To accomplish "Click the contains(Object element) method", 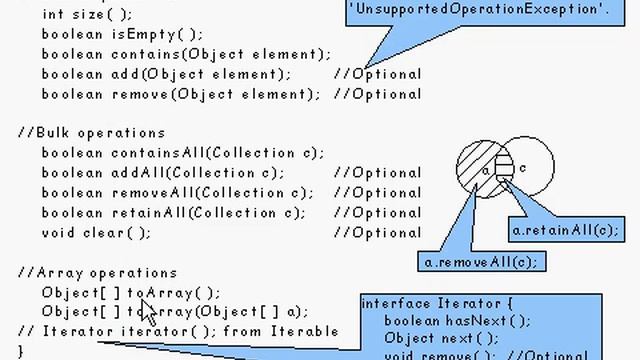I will (186, 53).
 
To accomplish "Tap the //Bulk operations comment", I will (91, 133).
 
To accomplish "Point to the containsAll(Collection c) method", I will (183, 153).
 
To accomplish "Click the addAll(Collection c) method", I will (163, 173).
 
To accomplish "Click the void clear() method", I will (96, 233).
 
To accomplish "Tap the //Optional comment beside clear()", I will (377, 233).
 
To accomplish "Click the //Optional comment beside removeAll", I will (377, 193).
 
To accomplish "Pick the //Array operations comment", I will (97, 273).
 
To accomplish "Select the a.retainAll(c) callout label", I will (565, 231).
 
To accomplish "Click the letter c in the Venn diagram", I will (523, 169).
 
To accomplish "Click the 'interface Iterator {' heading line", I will (436, 303).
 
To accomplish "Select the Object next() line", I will (432, 339).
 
